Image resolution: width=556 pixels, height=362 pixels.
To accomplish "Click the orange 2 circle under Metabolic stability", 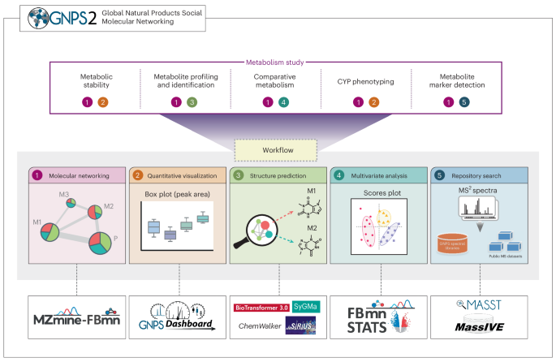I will tap(102, 102).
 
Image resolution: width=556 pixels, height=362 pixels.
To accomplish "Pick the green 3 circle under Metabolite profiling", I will tap(192, 102).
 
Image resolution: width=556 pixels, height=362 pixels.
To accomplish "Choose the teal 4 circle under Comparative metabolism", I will tap(282, 102).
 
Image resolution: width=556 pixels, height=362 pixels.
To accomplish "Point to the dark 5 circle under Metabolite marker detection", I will tap(463, 102).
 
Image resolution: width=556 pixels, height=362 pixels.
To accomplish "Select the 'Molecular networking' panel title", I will tap(81, 175).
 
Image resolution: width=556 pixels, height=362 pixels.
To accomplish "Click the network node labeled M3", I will tap(71, 204).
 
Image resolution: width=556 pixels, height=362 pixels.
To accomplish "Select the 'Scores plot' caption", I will tap(377, 196).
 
